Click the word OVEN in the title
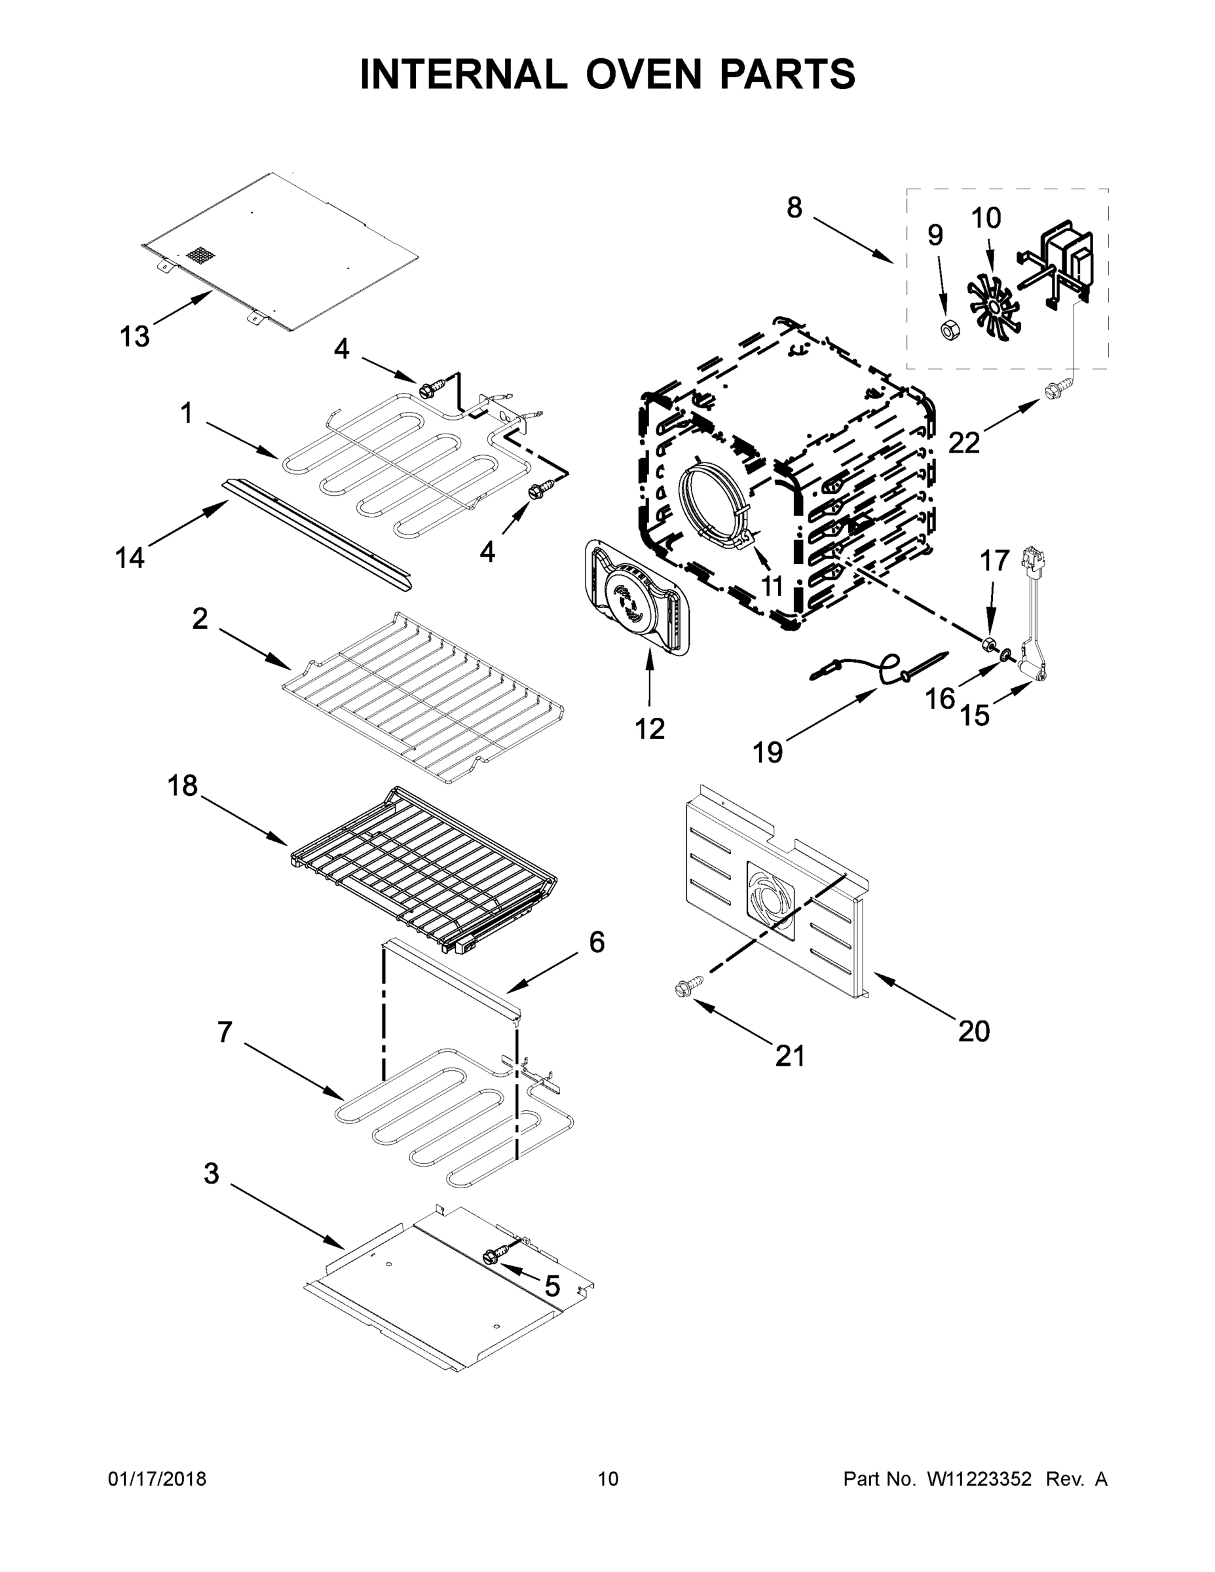[x=643, y=74]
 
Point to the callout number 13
[x=135, y=336]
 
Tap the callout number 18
[x=183, y=785]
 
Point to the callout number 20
[x=974, y=1032]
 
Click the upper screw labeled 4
[x=430, y=390]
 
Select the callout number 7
[x=225, y=1032]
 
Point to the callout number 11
[x=772, y=585]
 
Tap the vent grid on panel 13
[x=201, y=255]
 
